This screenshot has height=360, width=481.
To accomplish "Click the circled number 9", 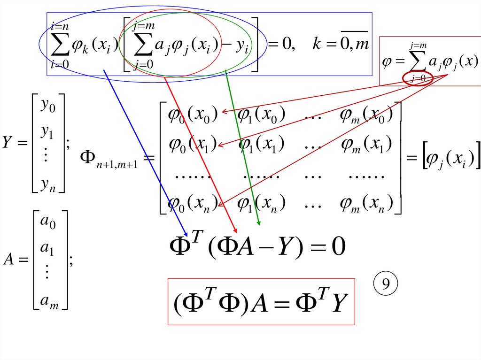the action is [386, 284].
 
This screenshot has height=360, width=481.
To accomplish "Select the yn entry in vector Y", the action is [48, 184].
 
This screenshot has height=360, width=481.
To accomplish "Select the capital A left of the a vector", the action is [9, 260].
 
